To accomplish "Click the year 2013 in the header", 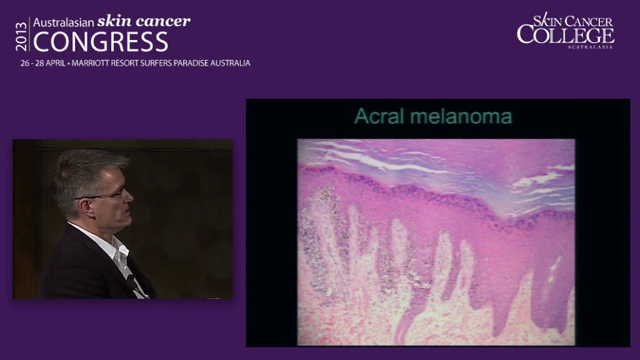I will coord(21,36).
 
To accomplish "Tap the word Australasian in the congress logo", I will coord(63,22).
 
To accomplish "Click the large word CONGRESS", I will coord(100,42).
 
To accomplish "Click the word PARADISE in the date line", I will coord(195,63).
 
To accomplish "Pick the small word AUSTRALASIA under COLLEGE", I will coord(590,46).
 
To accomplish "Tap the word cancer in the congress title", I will coord(161,21).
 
